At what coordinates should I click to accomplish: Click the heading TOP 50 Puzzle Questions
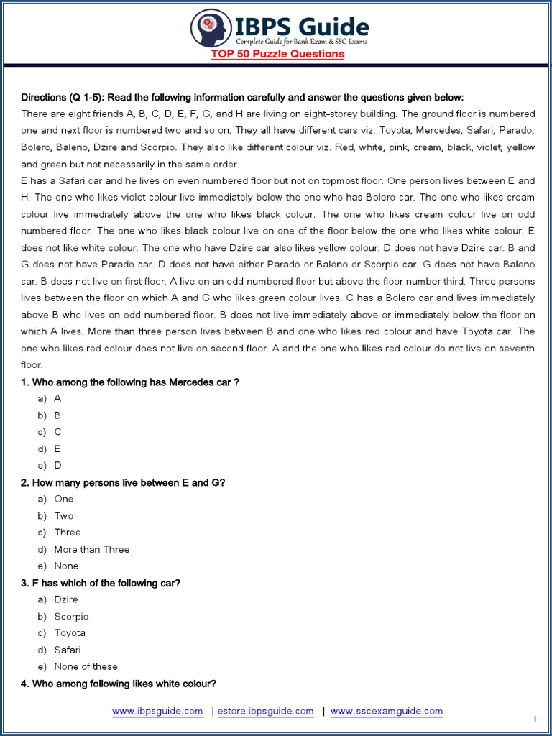click(277, 54)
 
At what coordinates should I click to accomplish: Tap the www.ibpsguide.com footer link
click(157, 711)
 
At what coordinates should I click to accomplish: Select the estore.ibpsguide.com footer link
click(265, 711)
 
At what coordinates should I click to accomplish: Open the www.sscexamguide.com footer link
click(387, 711)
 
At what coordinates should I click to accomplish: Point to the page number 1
click(535, 719)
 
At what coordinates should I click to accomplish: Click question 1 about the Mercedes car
click(129, 382)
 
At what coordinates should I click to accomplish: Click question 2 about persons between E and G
click(123, 482)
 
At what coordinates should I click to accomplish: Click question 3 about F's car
click(101, 583)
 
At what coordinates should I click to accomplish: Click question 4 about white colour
click(119, 684)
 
